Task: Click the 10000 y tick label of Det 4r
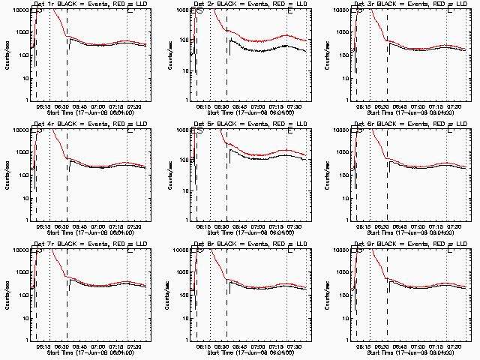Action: (19, 130)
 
